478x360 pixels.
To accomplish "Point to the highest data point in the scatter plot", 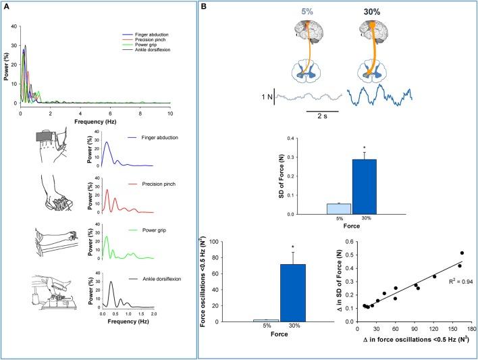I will tap(462, 253).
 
